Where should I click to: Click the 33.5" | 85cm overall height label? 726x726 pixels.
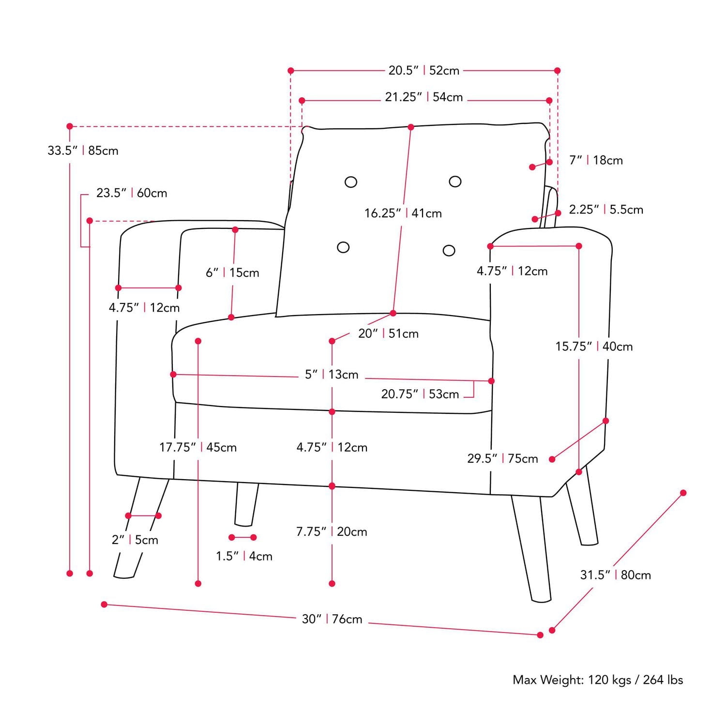83,151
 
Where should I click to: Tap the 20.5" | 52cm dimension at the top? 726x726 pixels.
423,71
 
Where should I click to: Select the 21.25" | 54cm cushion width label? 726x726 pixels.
423,97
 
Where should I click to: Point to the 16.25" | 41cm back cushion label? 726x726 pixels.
403,213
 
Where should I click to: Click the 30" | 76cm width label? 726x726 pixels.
332,619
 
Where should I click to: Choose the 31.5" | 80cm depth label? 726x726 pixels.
615,575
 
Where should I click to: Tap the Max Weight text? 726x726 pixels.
598,680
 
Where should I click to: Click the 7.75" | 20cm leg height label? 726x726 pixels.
332,531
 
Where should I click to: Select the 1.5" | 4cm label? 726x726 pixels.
244,556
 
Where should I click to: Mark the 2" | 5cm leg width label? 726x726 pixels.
135,540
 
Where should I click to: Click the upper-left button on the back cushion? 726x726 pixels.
351,182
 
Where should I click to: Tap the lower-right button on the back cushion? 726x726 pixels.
449,250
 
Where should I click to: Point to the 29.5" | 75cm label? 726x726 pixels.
502,458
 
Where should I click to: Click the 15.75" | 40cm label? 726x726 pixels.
594,347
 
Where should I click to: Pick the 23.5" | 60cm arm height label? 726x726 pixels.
132,193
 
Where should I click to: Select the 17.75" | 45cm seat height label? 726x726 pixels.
198,447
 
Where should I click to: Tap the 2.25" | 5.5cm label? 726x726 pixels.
606,210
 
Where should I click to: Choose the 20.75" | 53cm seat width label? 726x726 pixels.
420,394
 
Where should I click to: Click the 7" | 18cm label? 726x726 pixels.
596,160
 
